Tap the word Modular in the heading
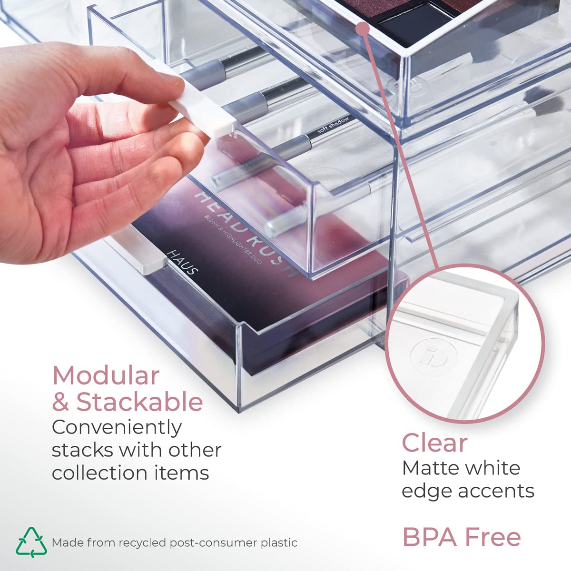point(106,376)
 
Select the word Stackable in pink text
point(139,402)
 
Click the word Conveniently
point(117,427)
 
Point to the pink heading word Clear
point(434,443)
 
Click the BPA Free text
point(462,537)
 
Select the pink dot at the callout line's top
point(364,29)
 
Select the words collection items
point(130,473)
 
